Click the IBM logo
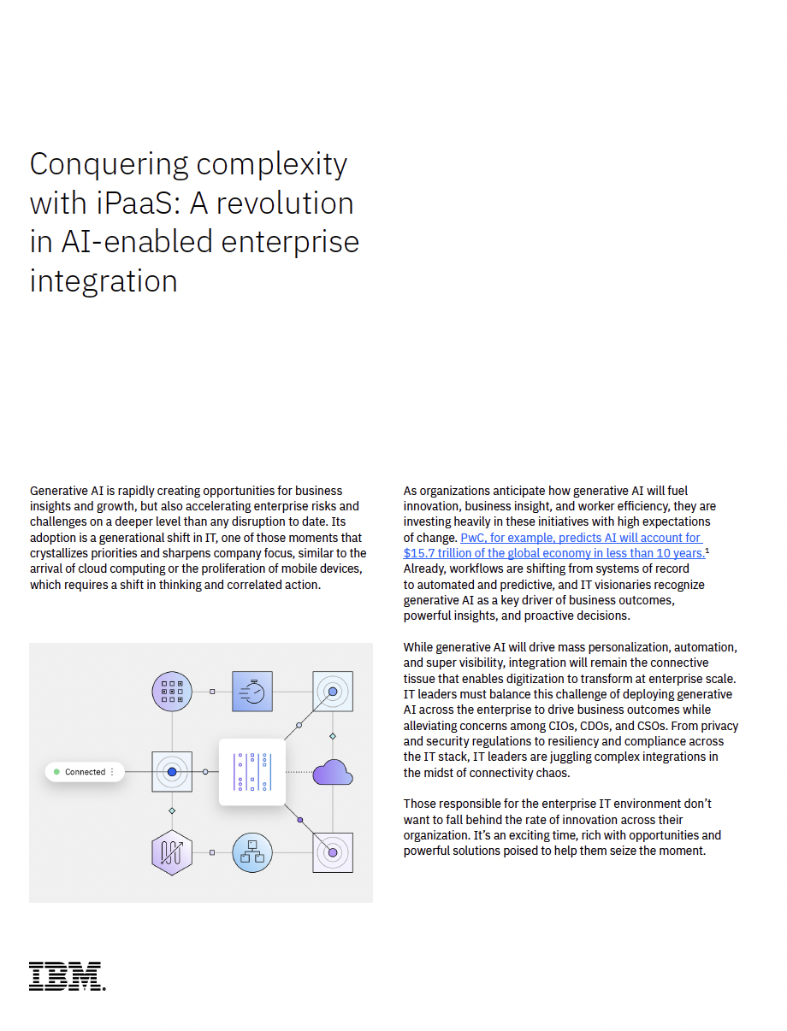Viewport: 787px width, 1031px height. click(68, 976)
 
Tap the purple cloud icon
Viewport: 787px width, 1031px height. click(332, 772)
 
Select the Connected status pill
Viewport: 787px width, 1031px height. click(85, 772)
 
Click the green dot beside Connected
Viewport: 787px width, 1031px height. click(56, 772)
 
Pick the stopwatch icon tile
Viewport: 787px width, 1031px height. click(252, 692)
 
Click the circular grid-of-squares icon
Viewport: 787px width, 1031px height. click(172, 692)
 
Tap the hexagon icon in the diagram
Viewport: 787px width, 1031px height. click(172, 852)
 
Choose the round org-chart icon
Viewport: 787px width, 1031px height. click(252, 852)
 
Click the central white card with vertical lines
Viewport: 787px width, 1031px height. click(252, 772)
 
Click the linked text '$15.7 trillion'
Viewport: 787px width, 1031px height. click(436, 553)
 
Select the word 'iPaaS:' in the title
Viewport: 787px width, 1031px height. click(139, 203)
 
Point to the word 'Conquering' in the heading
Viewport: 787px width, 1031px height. click(109, 165)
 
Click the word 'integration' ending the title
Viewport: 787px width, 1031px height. click(104, 281)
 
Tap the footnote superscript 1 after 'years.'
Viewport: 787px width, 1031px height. click(707, 551)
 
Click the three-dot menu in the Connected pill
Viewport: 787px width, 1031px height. click(112, 772)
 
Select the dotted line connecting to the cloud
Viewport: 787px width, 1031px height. click(299, 772)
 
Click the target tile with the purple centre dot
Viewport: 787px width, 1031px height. click(333, 852)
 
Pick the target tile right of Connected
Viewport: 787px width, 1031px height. click(172, 772)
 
